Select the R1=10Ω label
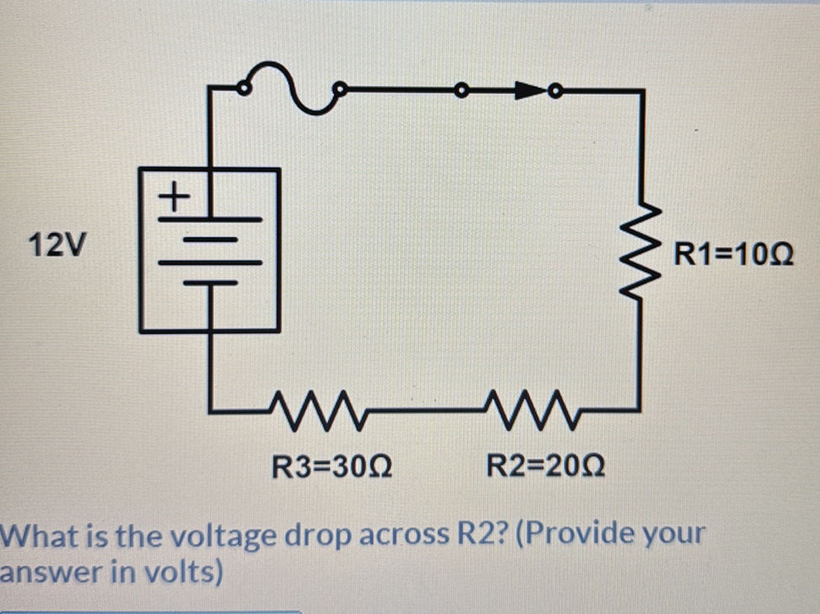733,253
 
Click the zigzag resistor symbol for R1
644,252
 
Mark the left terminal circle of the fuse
243,88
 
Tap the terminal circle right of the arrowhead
555,89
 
